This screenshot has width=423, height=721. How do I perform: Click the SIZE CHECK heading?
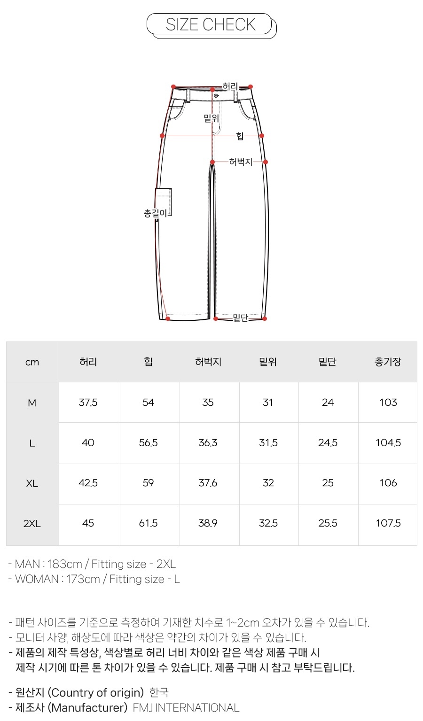[211, 24]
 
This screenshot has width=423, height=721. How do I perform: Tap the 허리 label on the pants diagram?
[230, 86]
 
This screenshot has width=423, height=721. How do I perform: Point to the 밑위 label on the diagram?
[211, 118]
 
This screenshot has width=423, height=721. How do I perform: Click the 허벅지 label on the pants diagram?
[240, 162]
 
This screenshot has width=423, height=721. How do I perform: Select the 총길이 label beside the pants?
[155, 213]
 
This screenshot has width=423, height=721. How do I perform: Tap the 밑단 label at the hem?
[240, 318]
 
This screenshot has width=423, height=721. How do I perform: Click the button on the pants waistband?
[216, 96]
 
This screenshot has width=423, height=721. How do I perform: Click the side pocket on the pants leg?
[164, 202]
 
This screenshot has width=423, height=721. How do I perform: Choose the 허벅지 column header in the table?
[208, 362]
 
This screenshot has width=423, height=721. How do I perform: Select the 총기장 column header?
[388, 362]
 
